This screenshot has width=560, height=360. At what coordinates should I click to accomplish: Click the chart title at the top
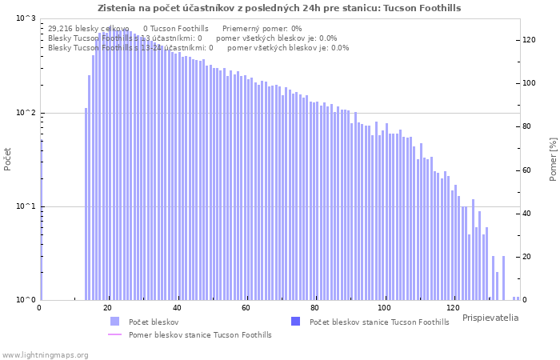click(279, 8)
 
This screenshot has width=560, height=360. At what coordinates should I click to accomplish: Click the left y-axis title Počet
click(8, 158)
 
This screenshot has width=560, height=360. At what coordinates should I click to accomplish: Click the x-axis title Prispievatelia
click(490, 318)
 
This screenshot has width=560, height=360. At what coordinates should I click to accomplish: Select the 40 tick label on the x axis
click(177, 308)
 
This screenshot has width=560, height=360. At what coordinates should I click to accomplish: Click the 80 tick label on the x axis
click(315, 308)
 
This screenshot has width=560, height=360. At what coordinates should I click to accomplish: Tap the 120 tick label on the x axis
click(454, 308)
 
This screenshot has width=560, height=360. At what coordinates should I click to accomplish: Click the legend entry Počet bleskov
click(153, 322)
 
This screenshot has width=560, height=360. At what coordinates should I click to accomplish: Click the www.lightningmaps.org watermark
click(45, 354)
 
